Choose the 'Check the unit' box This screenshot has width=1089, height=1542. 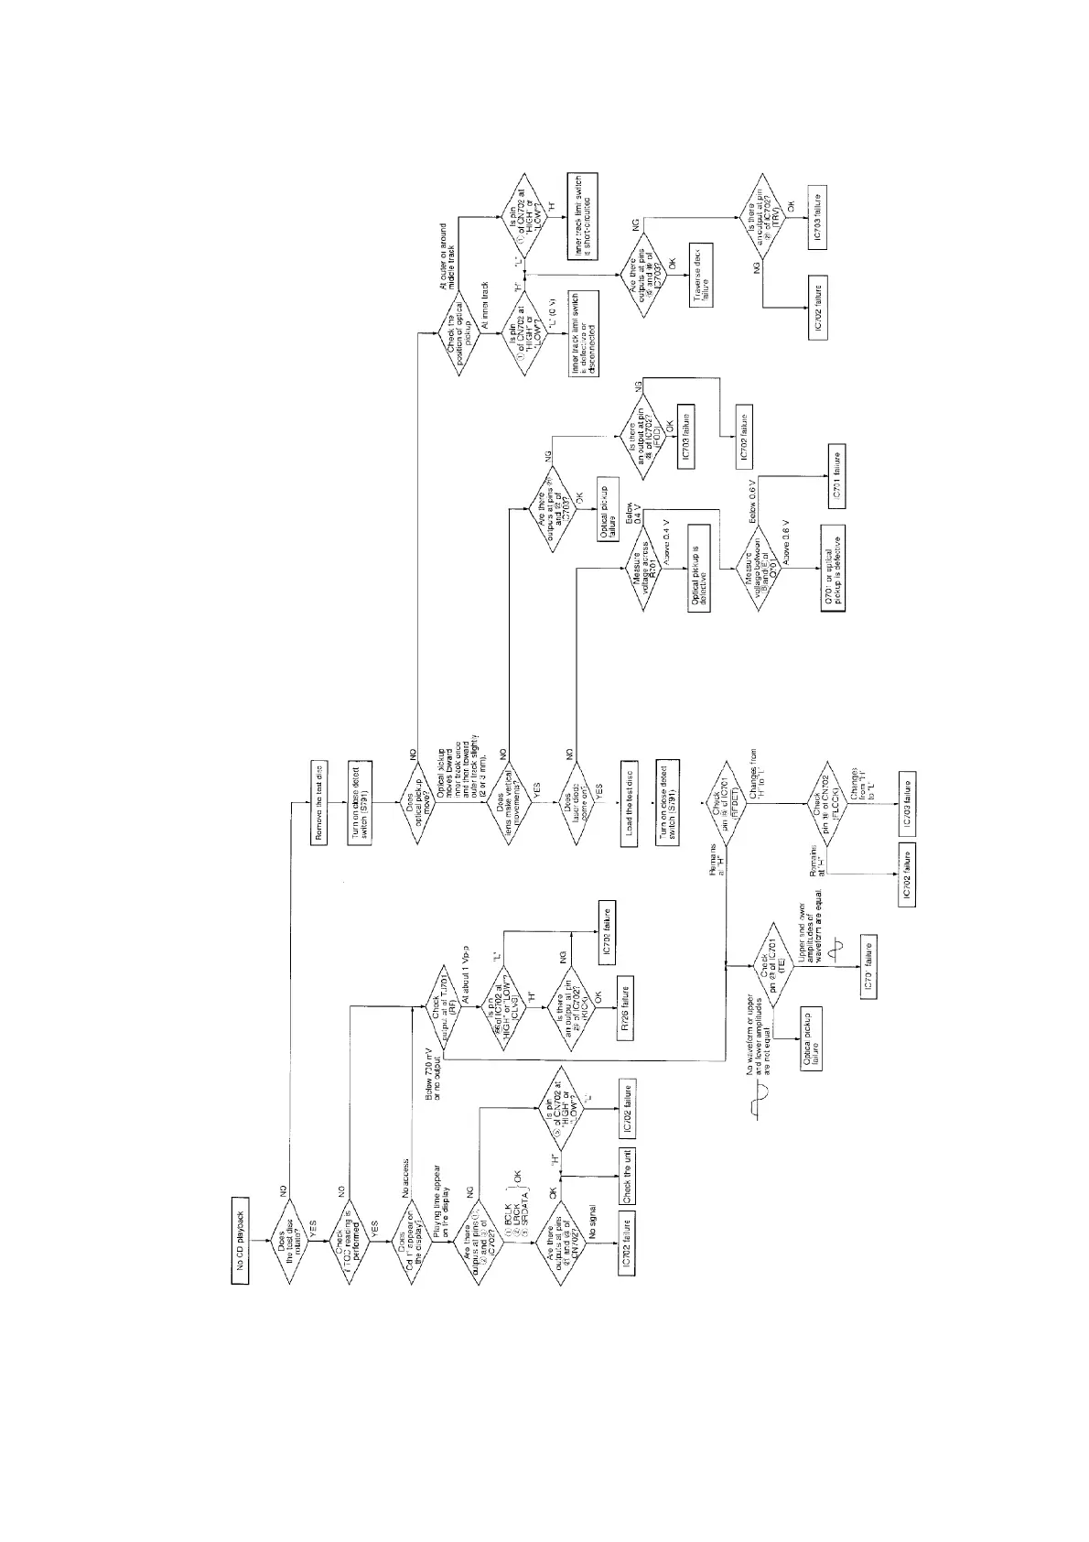626,1175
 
